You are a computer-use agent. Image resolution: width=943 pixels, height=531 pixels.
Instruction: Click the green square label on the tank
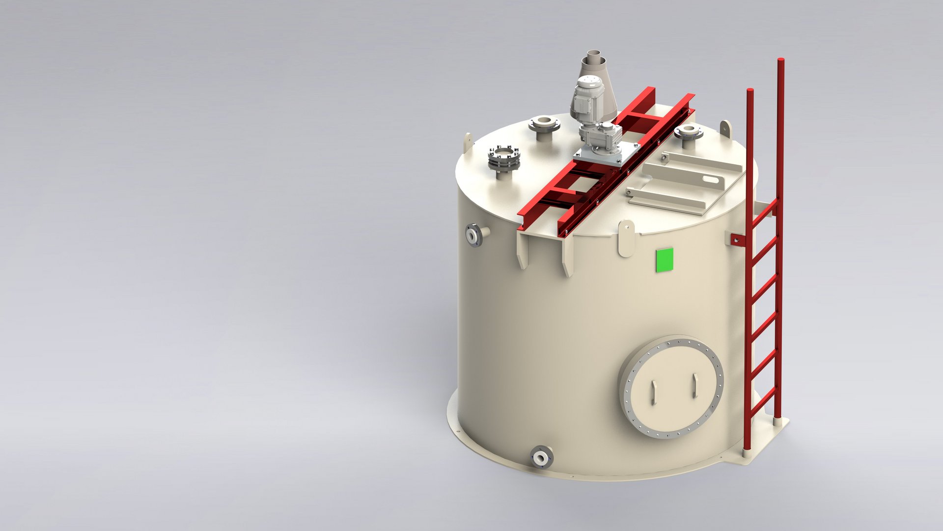(665, 260)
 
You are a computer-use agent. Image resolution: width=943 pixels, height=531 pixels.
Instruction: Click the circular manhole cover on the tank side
(671, 386)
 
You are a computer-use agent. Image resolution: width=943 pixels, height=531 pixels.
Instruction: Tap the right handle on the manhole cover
(694, 386)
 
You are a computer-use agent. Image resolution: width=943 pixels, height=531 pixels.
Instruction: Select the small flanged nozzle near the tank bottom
(541, 456)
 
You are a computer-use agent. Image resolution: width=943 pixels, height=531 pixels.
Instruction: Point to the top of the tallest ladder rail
(780, 61)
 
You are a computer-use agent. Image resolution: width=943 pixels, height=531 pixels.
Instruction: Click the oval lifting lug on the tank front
(626, 238)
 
